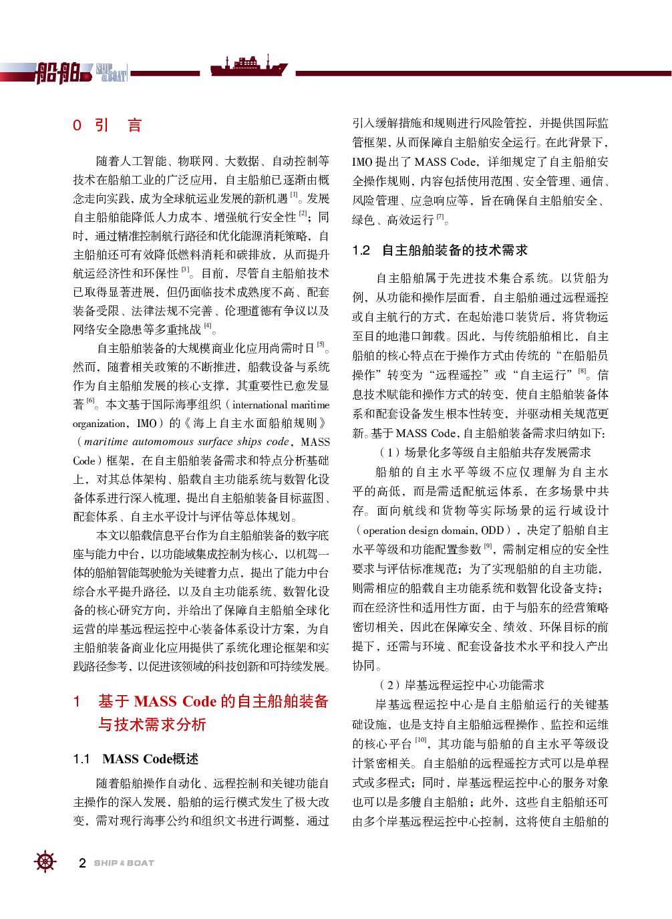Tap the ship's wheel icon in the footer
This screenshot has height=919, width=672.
(45, 862)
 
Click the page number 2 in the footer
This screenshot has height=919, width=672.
(82, 863)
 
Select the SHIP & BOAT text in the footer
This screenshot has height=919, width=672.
(124, 863)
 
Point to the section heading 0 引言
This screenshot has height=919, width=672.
(107, 125)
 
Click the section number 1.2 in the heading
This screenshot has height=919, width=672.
(361, 251)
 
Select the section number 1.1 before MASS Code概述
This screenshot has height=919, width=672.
(81, 759)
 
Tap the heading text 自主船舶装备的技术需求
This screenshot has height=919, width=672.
(454, 251)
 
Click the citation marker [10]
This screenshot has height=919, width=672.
(420, 740)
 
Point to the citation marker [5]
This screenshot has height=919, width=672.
(321, 344)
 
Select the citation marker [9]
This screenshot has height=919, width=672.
(488, 545)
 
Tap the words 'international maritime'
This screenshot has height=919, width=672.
(281, 404)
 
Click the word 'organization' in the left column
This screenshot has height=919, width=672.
(100, 423)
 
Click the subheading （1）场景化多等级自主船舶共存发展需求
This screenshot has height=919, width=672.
(485, 452)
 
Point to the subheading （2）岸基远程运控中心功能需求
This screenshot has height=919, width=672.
(462, 684)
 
